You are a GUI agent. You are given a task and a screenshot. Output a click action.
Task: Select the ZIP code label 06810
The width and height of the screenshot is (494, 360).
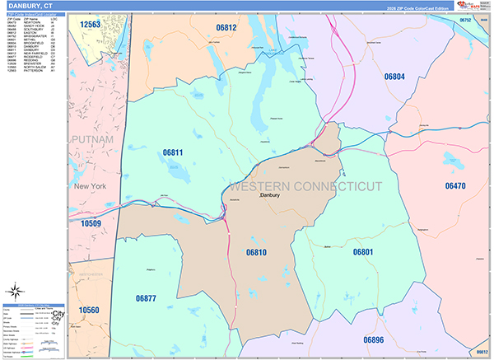tap(257, 253)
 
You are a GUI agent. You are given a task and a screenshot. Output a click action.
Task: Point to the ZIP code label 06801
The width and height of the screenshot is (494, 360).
tap(364, 251)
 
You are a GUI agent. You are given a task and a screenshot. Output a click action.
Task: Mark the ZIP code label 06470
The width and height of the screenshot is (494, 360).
tap(455, 186)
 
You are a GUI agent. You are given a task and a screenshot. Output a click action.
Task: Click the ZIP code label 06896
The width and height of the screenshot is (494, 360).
tap(374, 339)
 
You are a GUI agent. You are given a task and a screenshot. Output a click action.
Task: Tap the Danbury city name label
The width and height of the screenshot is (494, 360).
tap(271, 196)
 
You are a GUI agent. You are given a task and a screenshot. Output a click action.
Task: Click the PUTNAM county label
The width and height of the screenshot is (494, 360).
tap(92, 140)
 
